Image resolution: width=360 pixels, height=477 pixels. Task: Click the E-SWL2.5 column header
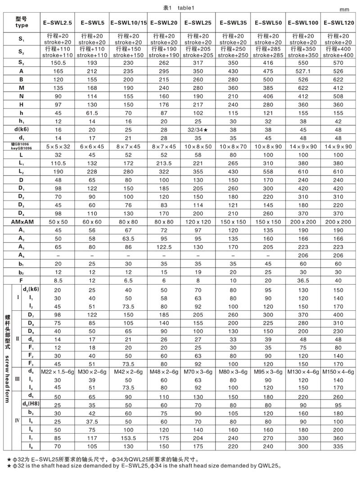click(x=57, y=22)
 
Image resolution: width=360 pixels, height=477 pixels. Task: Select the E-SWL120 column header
click(x=341, y=22)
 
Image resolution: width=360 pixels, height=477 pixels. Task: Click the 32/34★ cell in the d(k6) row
click(x=198, y=129)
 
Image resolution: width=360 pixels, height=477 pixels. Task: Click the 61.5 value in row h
click(x=93, y=113)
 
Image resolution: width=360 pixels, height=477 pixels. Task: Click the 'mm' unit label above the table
click(x=344, y=9)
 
